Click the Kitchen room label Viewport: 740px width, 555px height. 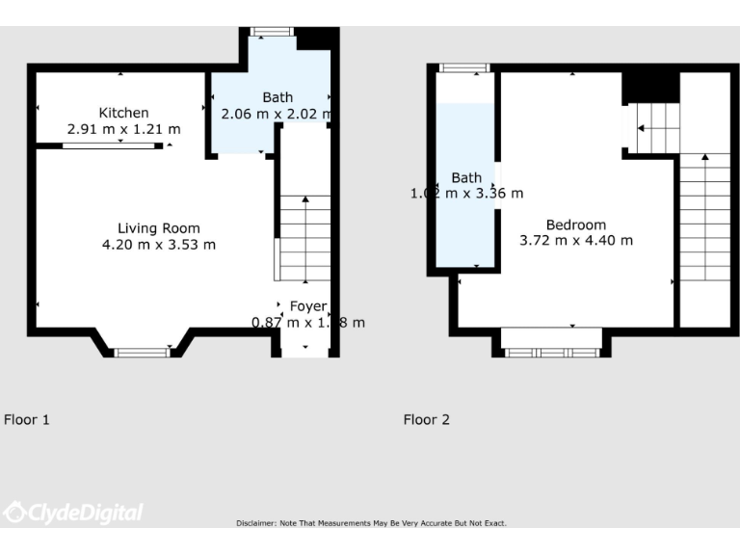[123, 113]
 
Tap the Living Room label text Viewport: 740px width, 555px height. [159, 228]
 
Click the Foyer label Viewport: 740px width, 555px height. [308, 306]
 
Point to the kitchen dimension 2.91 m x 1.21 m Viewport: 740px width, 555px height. [123, 128]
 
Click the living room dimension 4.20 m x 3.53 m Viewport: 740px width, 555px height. [159, 245]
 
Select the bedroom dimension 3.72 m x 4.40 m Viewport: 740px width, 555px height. [576, 240]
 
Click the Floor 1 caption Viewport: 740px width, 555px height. [27, 419]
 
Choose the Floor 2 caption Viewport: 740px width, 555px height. [426, 419]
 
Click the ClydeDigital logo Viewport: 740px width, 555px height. [72, 513]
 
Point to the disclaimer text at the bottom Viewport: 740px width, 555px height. [371, 523]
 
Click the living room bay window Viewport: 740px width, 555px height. [142, 353]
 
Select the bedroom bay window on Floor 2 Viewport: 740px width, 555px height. [552, 353]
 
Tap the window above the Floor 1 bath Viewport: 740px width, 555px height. [272, 32]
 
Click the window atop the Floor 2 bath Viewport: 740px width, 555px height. [464, 67]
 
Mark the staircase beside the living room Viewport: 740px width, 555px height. [304, 237]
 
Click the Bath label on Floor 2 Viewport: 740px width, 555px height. [466, 177]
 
